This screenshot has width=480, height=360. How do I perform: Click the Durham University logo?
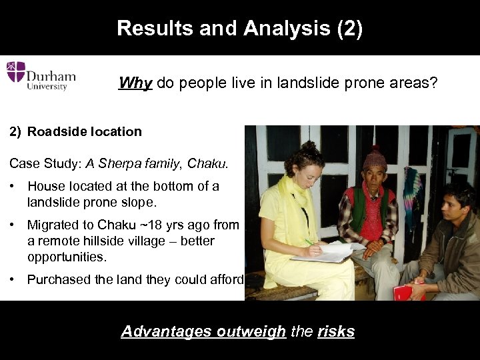(x=41, y=75)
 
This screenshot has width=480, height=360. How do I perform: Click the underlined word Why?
(x=135, y=83)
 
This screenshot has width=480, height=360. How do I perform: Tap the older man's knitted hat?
(x=375, y=158)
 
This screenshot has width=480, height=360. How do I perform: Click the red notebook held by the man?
(x=405, y=291)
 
